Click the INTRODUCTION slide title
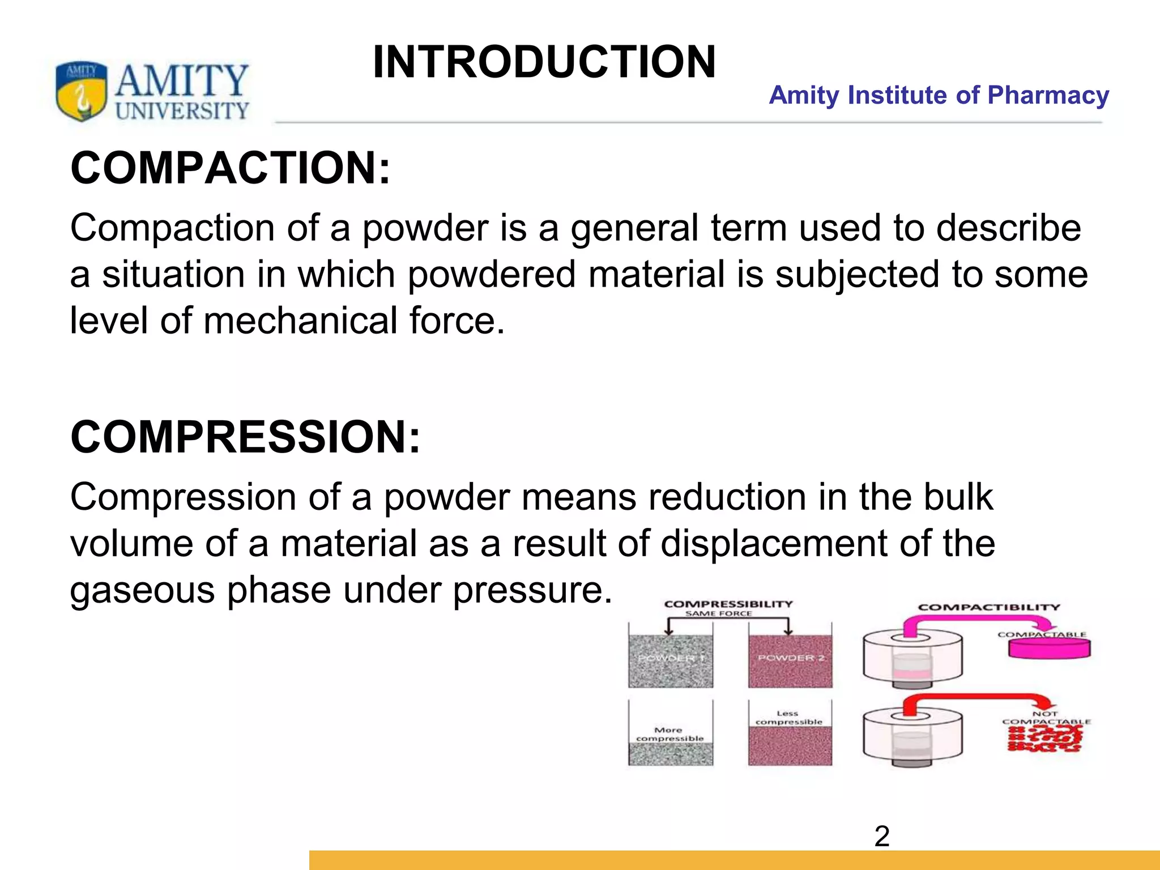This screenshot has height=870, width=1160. [x=544, y=62]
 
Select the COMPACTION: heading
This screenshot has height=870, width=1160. [x=231, y=168]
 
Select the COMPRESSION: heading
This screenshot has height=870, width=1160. [x=245, y=437]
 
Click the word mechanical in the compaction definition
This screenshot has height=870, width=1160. [x=300, y=321]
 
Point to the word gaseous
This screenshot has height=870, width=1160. [x=142, y=590]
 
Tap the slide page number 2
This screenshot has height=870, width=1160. [x=882, y=837]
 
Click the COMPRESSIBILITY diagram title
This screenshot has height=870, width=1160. [x=728, y=604]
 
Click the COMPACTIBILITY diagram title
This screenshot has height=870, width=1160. [x=989, y=607]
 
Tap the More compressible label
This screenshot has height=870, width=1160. [x=669, y=734]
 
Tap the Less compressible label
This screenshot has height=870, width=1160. [x=788, y=718]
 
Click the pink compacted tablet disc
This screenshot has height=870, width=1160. [x=1049, y=649]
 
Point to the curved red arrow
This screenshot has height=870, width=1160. [x=963, y=700]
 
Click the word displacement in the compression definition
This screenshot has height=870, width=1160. [x=774, y=544]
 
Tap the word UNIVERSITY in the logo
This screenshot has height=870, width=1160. [x=182, y=110]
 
